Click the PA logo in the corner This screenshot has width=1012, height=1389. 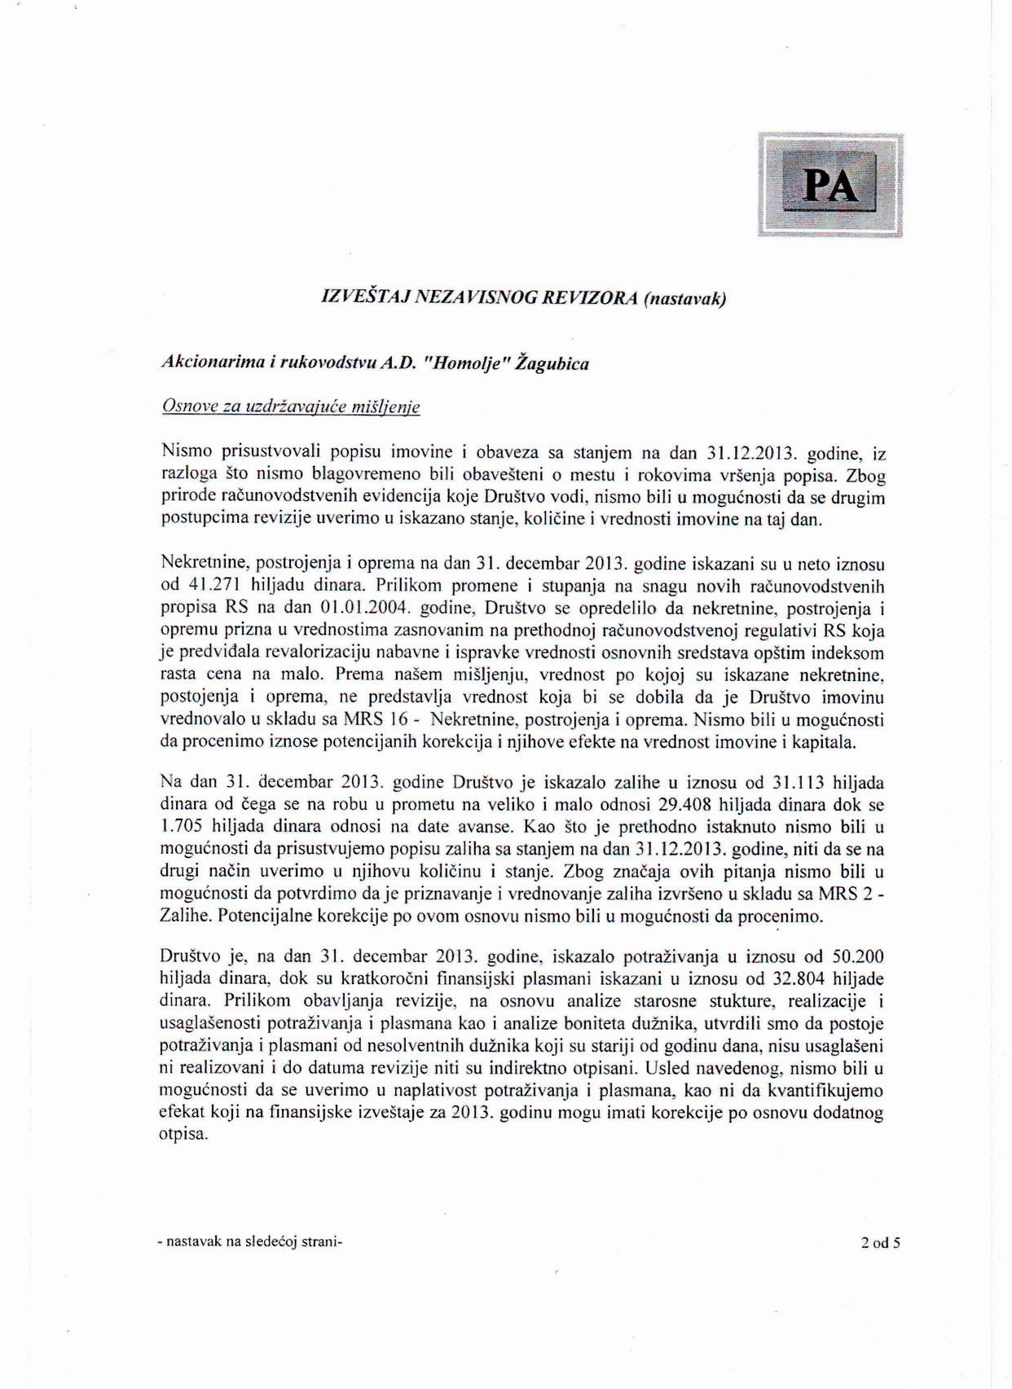coord(829,185)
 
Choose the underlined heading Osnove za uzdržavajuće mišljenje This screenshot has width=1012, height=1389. coord(291,407)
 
